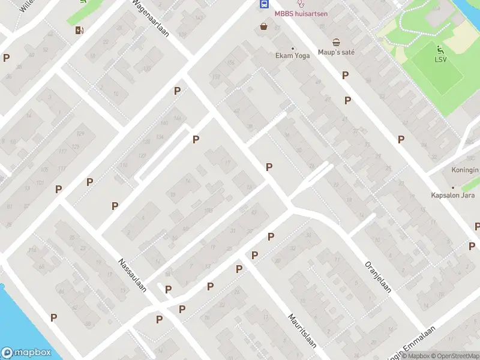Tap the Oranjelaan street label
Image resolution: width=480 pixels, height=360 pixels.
(x=378, y=276)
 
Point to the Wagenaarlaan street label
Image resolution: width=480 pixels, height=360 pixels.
(x=151, y=18)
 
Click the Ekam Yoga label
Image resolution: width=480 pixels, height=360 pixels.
(x=292, y=56)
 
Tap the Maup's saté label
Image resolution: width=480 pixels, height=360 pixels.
(x=336, y=52)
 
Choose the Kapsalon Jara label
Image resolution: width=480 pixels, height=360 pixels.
(x=453, y=195)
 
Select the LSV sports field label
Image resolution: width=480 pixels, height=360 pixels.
(x=440, y=59)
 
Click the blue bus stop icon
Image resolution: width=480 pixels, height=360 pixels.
(x=263, y=4)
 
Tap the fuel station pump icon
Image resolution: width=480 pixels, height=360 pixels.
(x=79, y=30)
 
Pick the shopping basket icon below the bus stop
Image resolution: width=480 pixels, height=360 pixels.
(x=263, y=26)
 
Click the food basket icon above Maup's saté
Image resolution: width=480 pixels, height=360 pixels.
(x=337, y=42)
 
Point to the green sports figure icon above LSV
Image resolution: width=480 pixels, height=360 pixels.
(x=440, y=49)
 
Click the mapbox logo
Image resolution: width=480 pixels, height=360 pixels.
(x=26, y=353)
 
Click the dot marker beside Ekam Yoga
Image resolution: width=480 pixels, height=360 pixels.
(x=293, y=48)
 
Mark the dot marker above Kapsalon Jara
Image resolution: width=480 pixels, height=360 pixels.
(x=453, y=187)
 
